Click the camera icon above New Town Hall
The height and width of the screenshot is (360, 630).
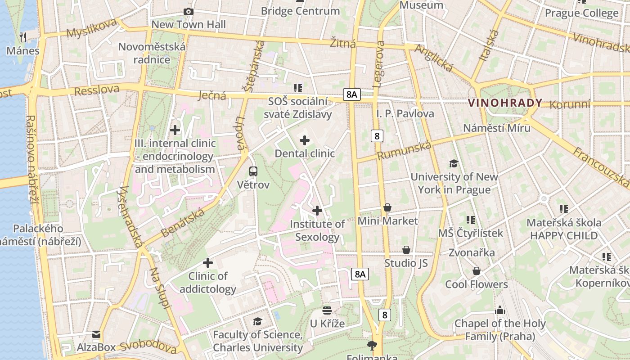coord(189,12)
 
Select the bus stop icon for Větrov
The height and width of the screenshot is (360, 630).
coord(253,171)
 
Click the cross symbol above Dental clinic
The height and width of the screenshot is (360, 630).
coord(305,140)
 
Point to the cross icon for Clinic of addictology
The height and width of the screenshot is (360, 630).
coord(208,263)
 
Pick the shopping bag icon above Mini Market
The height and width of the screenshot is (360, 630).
coord(387,207)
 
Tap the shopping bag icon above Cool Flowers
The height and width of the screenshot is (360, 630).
coord(476,271)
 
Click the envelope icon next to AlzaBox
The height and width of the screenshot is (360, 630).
coord(96,334)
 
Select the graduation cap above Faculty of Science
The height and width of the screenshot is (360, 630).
coord(257,321)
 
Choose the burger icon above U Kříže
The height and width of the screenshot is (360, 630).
coord(327,310)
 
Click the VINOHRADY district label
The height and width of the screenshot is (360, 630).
coord(505,103)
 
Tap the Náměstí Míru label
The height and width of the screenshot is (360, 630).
coord(497,128)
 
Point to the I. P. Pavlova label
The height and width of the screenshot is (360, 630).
coord(405,113)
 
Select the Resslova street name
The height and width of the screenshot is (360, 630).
coord(97,90)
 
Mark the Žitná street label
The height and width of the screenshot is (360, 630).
coord(342,43)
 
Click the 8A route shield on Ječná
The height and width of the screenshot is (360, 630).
coord(352,94)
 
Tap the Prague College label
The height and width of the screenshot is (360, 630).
coord(581,13)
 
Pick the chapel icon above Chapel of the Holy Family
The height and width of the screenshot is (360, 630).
coord(499,310)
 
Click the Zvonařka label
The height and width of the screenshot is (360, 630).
coord(472,252)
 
